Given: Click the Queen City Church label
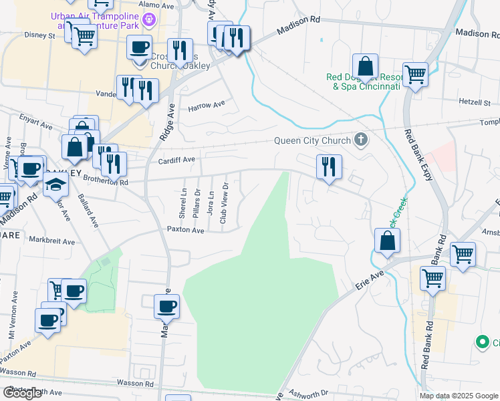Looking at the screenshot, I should (312, 140).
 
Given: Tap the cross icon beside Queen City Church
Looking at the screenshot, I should (361, 140).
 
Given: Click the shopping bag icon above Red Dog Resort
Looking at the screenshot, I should (365, 67).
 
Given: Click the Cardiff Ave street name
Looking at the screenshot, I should (176, 160).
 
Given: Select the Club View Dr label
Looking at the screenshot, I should (225, 198).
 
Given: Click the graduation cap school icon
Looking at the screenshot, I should (56, 184).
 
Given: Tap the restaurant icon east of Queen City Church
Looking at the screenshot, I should (328, 167).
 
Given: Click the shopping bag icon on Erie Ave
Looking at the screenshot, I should (387, 241).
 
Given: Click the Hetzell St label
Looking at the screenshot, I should (475, 103).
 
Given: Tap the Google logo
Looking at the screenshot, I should (22, 393).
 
